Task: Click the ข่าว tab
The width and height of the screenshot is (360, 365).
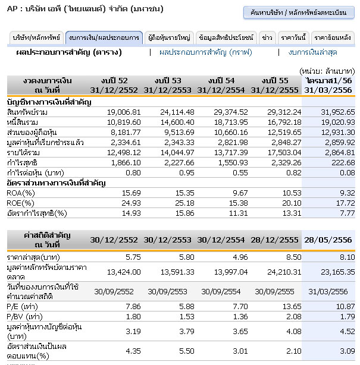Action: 268,38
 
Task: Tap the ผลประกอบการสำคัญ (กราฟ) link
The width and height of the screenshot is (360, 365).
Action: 205,52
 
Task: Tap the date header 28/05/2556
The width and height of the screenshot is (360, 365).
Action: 327,240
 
